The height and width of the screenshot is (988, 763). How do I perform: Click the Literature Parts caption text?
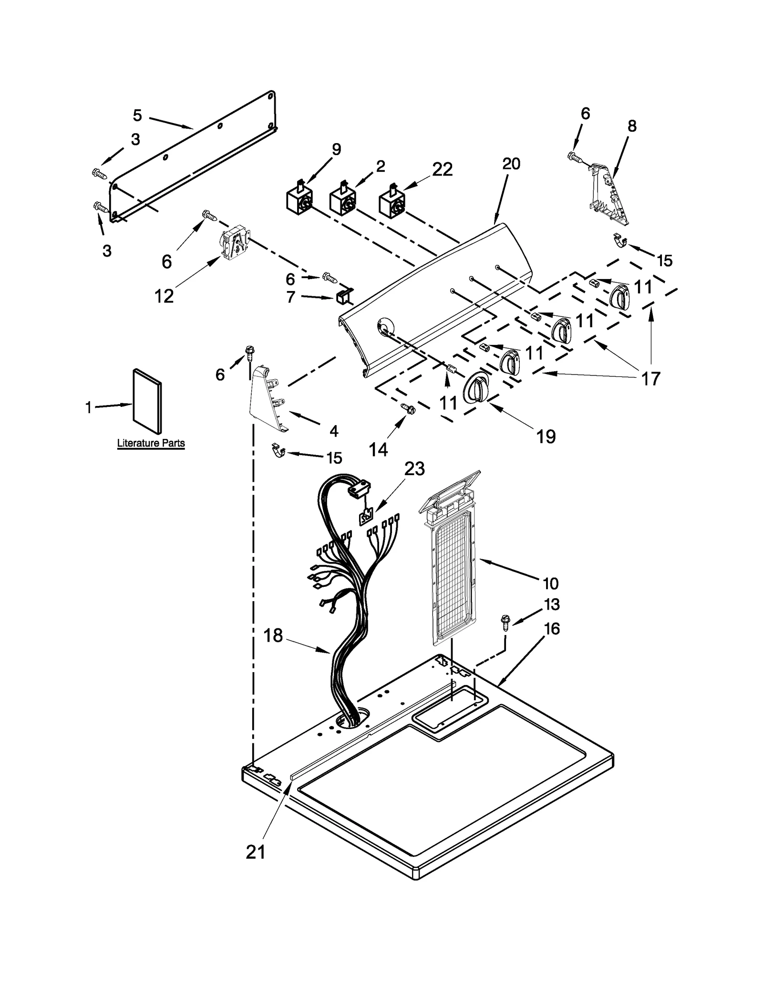(151, 443)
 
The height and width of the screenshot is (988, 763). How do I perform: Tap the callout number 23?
(414, 468)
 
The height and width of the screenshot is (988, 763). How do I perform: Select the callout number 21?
(256, 852)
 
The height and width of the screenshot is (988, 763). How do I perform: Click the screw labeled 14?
(408, 408)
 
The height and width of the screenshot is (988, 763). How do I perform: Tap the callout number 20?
(511, 164)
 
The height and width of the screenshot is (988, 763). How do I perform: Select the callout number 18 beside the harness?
(273, 636)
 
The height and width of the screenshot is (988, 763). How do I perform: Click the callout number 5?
(137, 115)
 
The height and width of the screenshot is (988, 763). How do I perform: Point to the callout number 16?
(552, 629)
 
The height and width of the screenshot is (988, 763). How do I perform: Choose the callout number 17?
(650, 378)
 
